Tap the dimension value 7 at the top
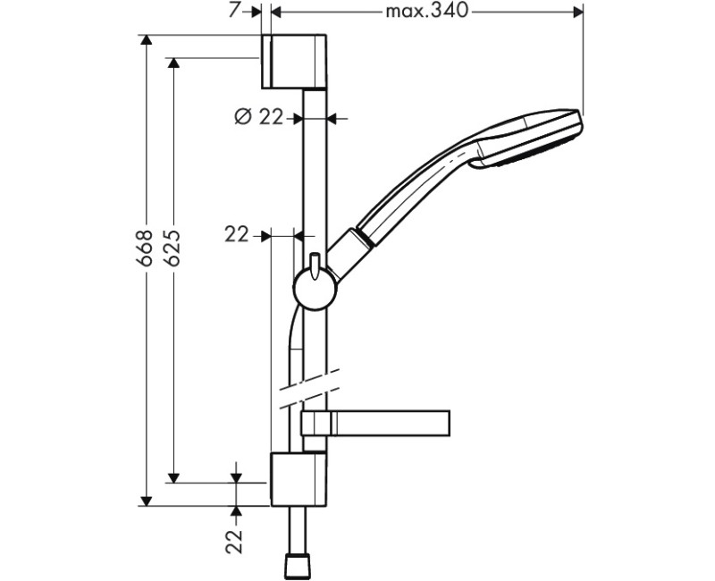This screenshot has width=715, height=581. pos(233,12)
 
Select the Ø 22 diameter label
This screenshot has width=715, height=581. pos(258,116)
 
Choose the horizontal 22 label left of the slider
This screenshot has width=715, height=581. pos(237,235)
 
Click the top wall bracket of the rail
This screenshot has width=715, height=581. pos(295,63)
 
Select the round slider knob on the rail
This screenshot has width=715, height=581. pos(314,289)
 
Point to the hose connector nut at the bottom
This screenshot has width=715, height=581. pos(298,564)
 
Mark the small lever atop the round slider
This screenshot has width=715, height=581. pos(315,261)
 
